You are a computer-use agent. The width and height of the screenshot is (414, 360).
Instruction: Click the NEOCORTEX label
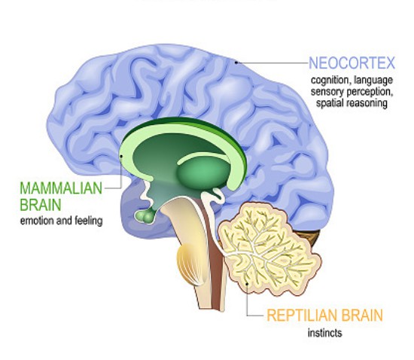coord(352,63)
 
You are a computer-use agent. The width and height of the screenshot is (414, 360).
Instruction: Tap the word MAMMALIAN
coord(61,188)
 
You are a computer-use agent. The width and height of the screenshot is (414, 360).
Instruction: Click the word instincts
coord(324,333)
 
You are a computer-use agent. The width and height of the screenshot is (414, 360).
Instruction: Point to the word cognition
coord(330,80)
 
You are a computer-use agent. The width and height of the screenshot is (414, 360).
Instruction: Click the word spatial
coord(328,103)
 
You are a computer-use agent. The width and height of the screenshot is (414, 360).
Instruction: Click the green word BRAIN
coord(41,205)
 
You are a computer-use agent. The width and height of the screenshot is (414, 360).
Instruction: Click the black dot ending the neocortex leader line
coord(236,63)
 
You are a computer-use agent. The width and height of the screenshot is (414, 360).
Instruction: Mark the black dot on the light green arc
coord(121,156)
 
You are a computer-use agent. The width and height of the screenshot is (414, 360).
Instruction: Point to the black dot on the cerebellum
coord(247,284)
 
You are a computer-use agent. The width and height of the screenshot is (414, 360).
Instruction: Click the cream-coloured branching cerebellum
coord(269,249)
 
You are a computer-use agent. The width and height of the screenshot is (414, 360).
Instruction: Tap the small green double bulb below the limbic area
coord(145,216)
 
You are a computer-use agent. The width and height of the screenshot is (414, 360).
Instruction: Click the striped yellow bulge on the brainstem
coord(190,264)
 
